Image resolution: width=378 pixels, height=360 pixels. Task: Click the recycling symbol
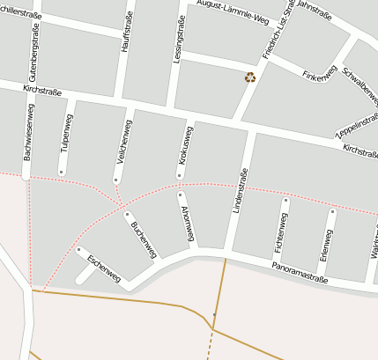tap(250, 77)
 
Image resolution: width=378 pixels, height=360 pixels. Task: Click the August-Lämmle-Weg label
tap(233, 12)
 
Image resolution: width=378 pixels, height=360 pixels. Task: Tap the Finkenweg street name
tap(319, 76)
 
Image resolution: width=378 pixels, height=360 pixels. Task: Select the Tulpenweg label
tap(68, 133)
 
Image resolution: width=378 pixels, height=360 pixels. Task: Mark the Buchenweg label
tap(144, 239)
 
